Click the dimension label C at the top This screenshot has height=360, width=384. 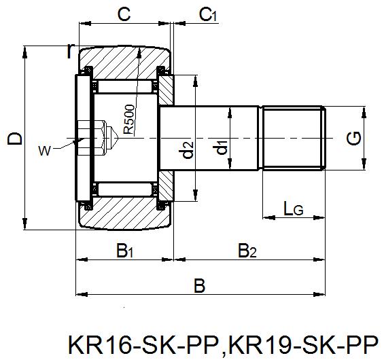pyautogui.click(x=124, y=14)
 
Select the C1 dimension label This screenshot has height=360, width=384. pyautogui.click(x=207, y=14)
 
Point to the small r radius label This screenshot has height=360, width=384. pyautogui.click(x=71, y=50)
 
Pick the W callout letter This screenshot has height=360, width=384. pyautogui.click(x=44, y=151)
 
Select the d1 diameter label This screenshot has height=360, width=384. pyautogui.click(x=220, y=147)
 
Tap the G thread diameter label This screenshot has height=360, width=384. pyautogui.click(x=354, y=139)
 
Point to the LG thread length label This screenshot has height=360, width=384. pyautogui.click(x=293, y=210)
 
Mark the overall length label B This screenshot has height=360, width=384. pyautogui.click(x=199, y=286)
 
